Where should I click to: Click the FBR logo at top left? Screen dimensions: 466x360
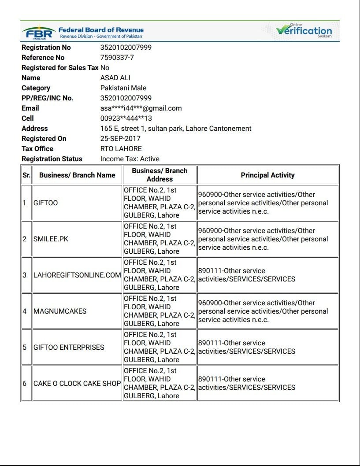[x=39, y=32]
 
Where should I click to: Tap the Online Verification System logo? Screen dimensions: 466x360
[x=304, y=31]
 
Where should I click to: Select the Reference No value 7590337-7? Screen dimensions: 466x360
[x=117, y=58]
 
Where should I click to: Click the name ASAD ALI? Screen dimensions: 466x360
[x=115, y=78]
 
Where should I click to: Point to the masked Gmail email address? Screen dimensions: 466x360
[x=141, y=108]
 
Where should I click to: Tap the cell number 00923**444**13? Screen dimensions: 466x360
[x=126, y=118]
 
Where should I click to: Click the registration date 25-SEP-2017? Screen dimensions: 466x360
[x=120, y=139]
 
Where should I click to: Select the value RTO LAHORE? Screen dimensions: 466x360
[x=121, y=149]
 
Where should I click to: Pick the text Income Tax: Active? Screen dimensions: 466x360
[x=130, y=159]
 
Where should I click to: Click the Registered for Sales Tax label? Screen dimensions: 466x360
[x=60, y=68]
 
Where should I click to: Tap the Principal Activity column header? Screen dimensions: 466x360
[x=267, y=175]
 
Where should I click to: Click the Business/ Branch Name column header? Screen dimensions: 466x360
[x=77, y=175]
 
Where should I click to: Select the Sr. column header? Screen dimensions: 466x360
[x=26, y=175]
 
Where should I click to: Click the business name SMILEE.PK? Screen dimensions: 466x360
[x=51, y=239]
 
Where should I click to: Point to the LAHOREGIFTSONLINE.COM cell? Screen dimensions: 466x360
[x=77, y=275]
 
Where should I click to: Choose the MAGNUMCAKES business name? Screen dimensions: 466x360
[x=60, y=311]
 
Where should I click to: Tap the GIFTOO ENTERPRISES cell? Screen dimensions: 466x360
[x=69, y=348]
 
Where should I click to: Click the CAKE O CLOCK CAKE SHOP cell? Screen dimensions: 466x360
[x=77, y=384]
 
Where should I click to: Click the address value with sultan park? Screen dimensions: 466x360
[x=175, y=129]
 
